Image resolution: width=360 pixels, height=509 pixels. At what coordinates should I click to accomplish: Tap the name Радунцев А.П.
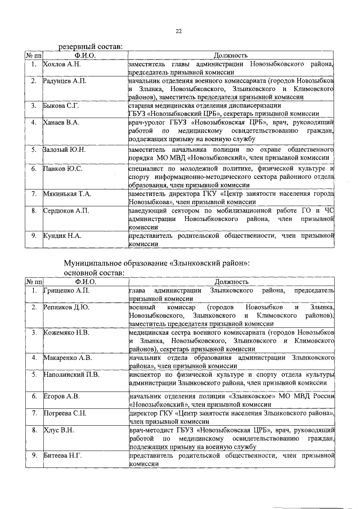[x=65, y=82]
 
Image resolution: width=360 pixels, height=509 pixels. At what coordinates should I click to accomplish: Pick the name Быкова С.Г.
[x=61, y=105]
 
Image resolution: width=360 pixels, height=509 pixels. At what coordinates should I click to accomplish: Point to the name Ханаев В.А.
[x=62, y=122]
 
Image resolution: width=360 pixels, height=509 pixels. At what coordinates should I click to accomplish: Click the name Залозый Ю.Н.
[x=64, y=150]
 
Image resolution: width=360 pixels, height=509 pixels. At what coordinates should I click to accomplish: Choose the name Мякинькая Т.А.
[x=67, y=193]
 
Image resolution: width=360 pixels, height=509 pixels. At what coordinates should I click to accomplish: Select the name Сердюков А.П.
[x=66, y=210]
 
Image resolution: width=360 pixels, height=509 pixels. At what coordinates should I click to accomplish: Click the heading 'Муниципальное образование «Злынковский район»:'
[x=156, y=263]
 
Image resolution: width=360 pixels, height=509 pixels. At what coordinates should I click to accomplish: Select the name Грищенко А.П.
[x=66, y=290]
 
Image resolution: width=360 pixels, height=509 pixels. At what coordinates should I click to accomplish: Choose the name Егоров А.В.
[x=61, y=396]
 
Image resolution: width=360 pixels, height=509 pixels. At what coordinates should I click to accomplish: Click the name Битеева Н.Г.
[x=62, y=454]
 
